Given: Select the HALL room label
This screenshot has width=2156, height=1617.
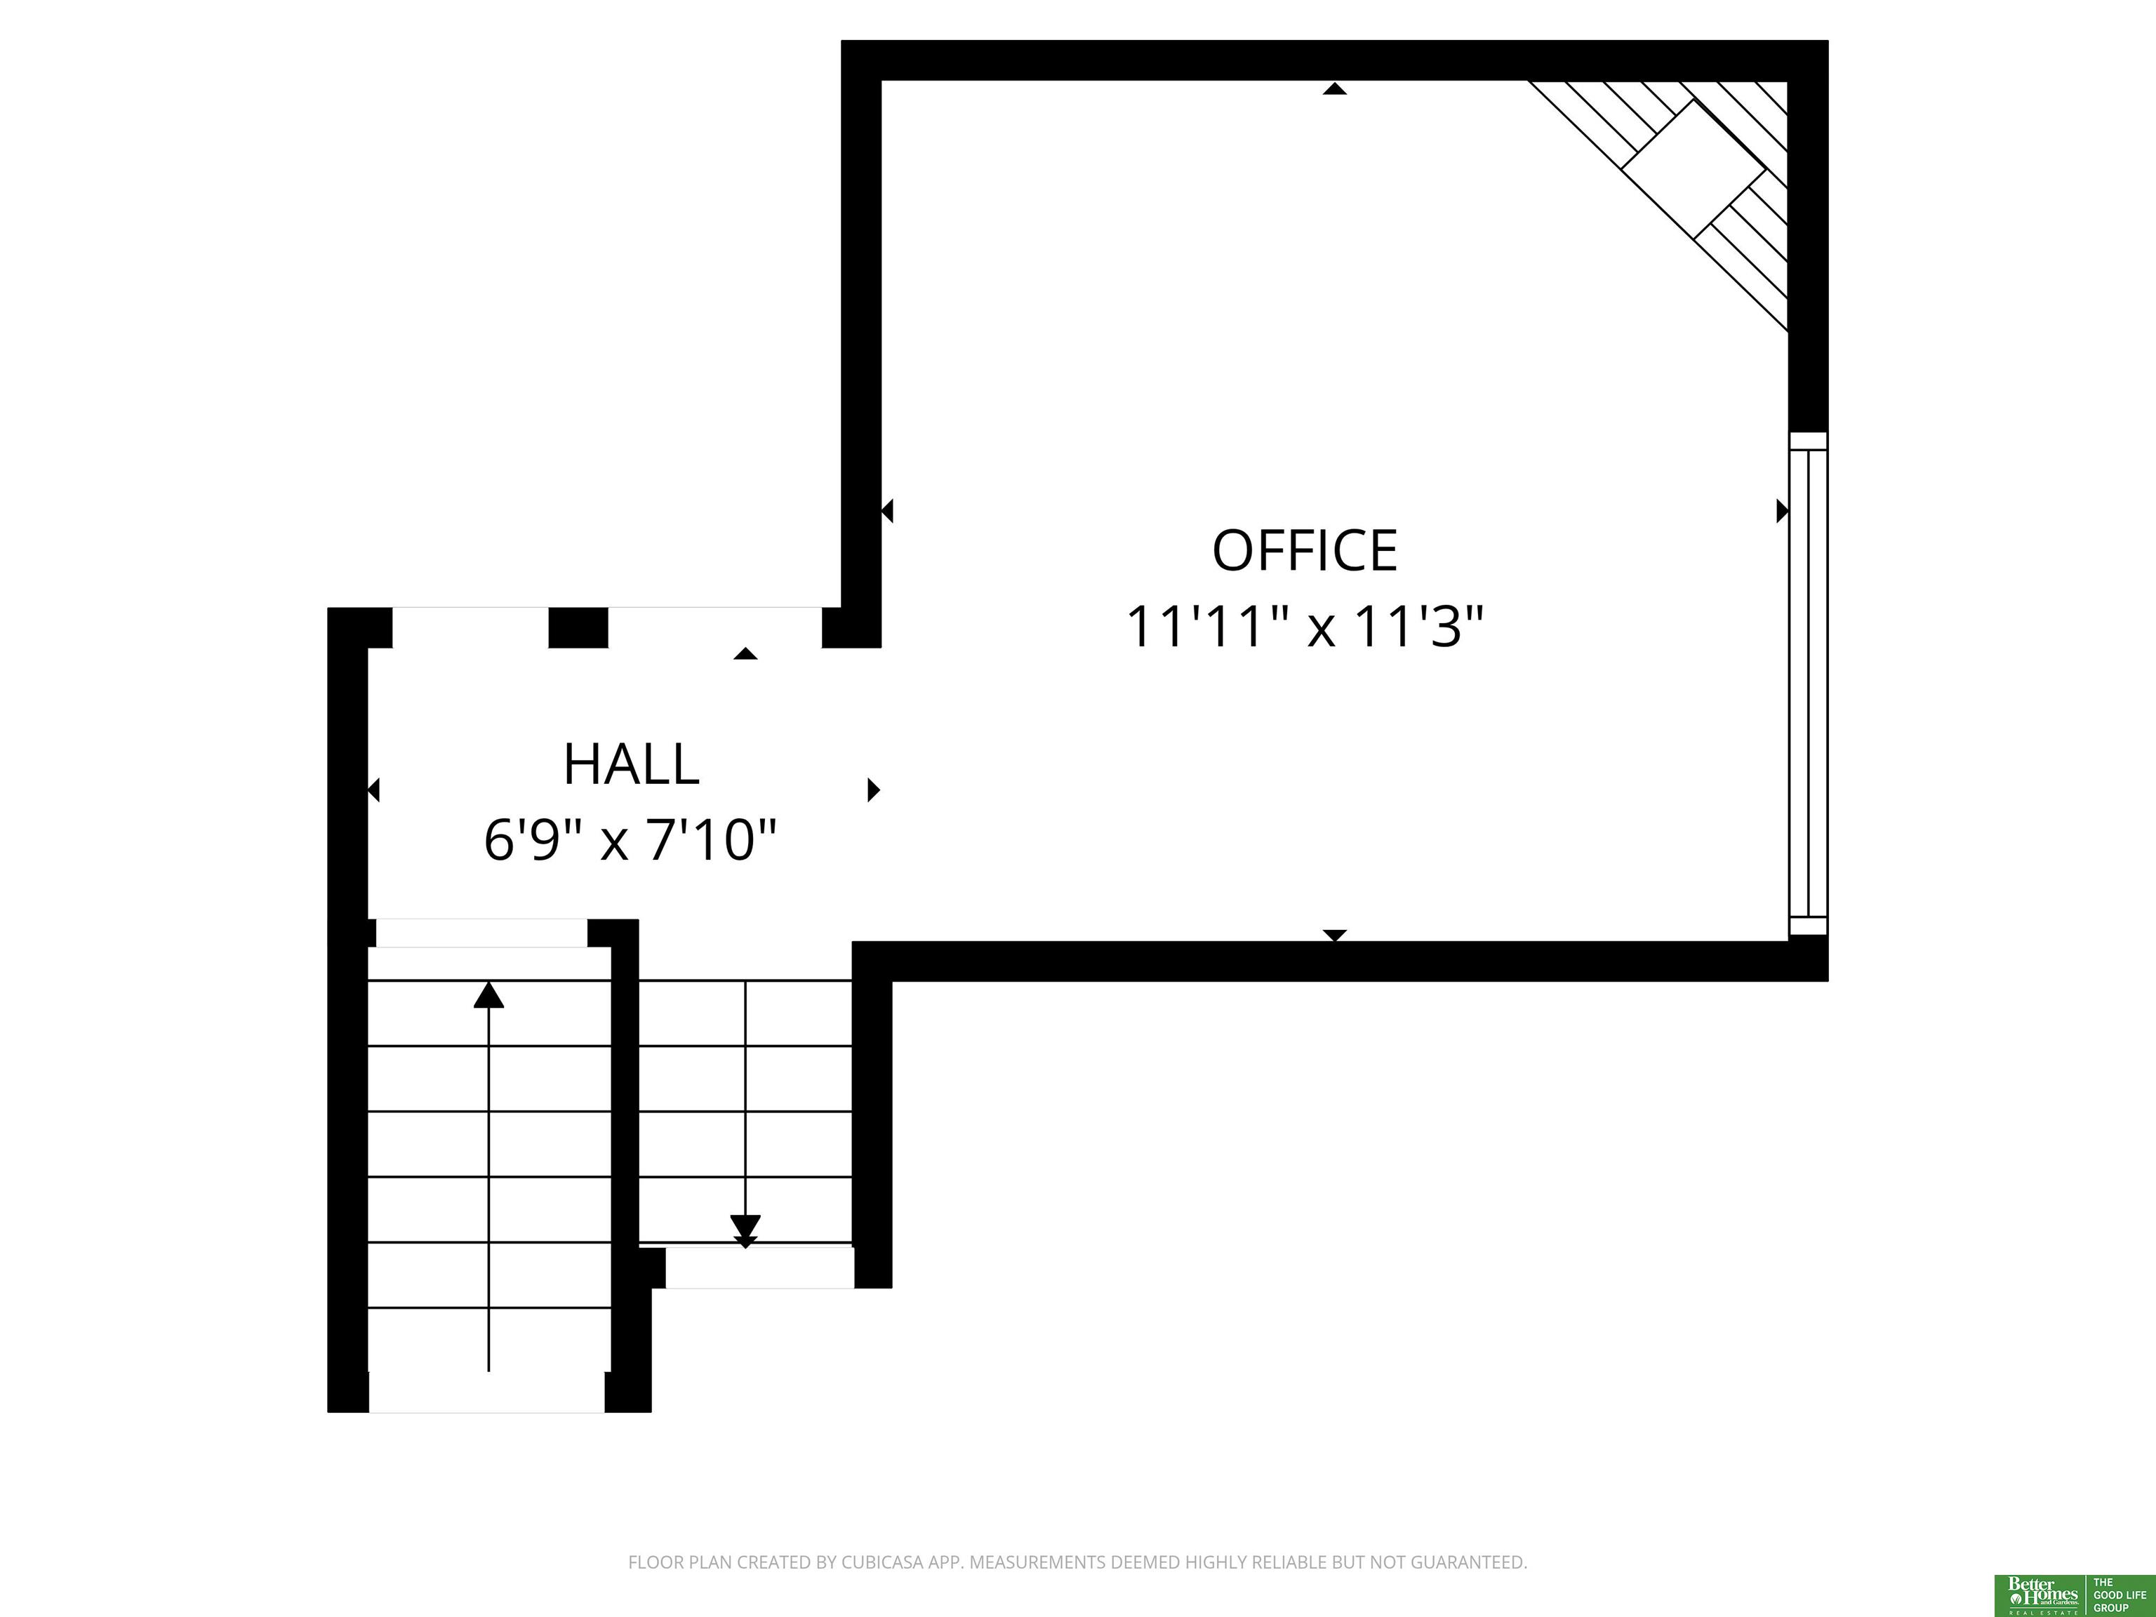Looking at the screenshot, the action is (x=632, y=764).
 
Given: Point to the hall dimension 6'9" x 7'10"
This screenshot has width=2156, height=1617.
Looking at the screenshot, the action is (x=631, y=839).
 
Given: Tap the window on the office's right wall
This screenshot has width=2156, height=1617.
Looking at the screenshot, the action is (x=1808, y=684).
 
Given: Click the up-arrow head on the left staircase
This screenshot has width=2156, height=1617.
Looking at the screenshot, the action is (x=488, y=995).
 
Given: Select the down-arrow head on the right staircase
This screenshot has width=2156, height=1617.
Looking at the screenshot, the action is (x=745, y=1230).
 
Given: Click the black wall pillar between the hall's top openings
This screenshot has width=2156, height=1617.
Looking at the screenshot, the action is (x=578, y=627).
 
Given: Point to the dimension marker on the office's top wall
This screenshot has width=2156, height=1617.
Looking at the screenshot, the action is (x=1334, y=88).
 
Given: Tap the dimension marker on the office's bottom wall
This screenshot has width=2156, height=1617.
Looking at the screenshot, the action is (x=1334, y=936).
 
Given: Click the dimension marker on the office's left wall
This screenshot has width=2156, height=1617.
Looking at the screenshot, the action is (x=887, y=511).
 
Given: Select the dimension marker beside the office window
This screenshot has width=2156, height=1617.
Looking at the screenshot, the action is (x=1783, y=511).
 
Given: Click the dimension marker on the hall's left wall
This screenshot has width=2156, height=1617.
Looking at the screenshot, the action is (x=373, y=790).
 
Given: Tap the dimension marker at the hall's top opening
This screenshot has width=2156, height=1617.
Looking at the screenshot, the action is (x=745, y=653).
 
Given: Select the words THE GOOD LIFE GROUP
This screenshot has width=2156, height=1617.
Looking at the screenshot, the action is (x=2120, y=1595).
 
